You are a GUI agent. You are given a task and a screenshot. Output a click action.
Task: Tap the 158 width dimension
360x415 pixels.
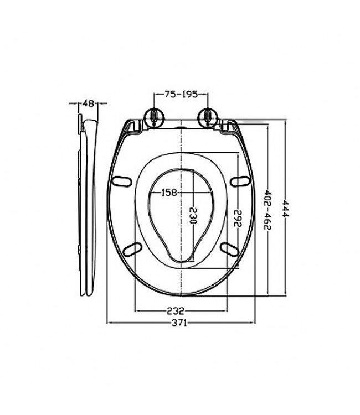(x=169, y=193)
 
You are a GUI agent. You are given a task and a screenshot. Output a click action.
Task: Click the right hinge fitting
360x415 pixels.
(x=207, y=117)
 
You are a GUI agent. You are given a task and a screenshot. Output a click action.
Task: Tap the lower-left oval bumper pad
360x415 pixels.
(x=132, y=248)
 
